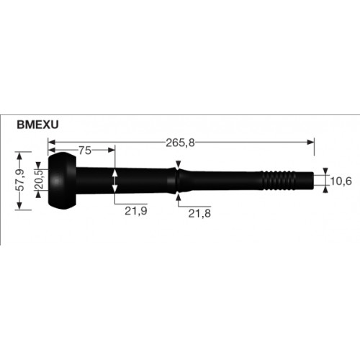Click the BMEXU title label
coord(37,125)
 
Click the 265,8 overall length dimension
coord(180,143)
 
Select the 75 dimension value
coord(85,150)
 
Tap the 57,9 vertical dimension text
coord(21,180)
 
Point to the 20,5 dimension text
coord(39,180)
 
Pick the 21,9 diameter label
coord(136,211)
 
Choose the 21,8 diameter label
coord(199,213)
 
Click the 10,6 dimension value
coord(341,181)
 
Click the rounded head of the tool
coord(63,181)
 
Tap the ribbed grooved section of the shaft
coord(279,181)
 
